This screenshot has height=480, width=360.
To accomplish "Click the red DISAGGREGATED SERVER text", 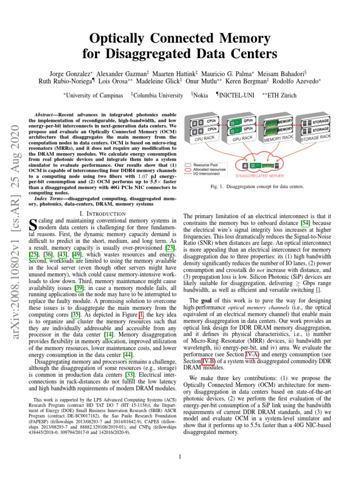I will pyautogui.click(x=257, y=177).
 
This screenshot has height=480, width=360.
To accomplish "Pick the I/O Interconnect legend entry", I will pyautogui.click(x=210, y=173).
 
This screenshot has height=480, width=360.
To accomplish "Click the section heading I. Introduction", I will pyautogui.click(x=102, y=214).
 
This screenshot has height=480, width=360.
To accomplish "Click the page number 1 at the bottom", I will pyautogui.click(x=180, y=456).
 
